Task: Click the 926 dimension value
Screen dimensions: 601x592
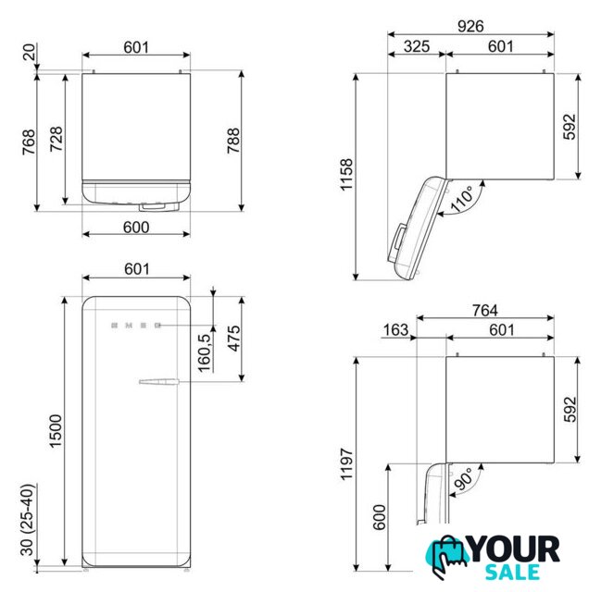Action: [470, 26]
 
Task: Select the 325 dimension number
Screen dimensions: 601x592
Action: [416, 46]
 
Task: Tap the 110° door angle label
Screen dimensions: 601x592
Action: [462, 199]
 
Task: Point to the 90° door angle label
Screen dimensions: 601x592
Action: [463, 479]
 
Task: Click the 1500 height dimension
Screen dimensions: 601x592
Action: [56, 431]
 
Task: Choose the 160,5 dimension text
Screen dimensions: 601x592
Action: [205, 352]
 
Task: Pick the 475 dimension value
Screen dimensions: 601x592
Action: [233, 339]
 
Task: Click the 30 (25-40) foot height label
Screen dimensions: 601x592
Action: [28, 520]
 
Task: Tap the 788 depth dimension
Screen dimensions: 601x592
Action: [233, 141]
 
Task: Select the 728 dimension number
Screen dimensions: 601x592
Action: [56, 139]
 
